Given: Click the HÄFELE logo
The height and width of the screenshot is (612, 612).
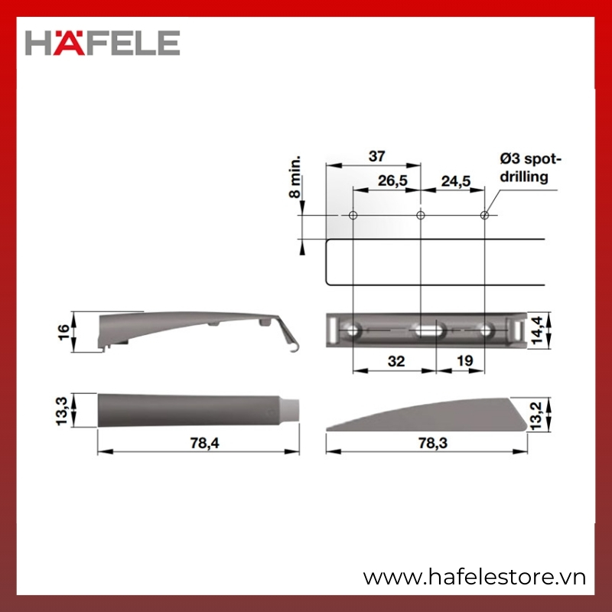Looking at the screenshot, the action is pyautogui.click(x=103, y=43).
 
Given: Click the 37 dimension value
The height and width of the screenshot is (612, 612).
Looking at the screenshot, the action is pyautogui.click(x=376, y=156).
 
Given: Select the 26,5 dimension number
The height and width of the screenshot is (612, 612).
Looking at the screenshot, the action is pyautogui.click(x=392, y=181).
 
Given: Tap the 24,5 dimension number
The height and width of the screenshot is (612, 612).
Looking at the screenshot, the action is pyautogui.click(x=456, y=181).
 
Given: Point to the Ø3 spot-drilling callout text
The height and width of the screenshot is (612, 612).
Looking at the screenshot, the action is pyautogui.click(x=529, y=168).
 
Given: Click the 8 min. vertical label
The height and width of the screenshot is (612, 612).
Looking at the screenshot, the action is pyautogui.click(x=295, y=177).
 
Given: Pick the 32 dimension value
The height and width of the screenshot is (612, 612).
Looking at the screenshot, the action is pyautogui.click(x=396, y=361).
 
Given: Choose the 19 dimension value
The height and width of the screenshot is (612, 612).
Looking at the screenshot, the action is pyautogui.click(x=464, y=361).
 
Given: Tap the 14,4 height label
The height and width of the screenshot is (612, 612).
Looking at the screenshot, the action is pyautogui.click(x=537, y=330).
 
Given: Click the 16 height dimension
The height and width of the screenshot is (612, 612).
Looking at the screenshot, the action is pyautogui.click(x=63, y=332).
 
